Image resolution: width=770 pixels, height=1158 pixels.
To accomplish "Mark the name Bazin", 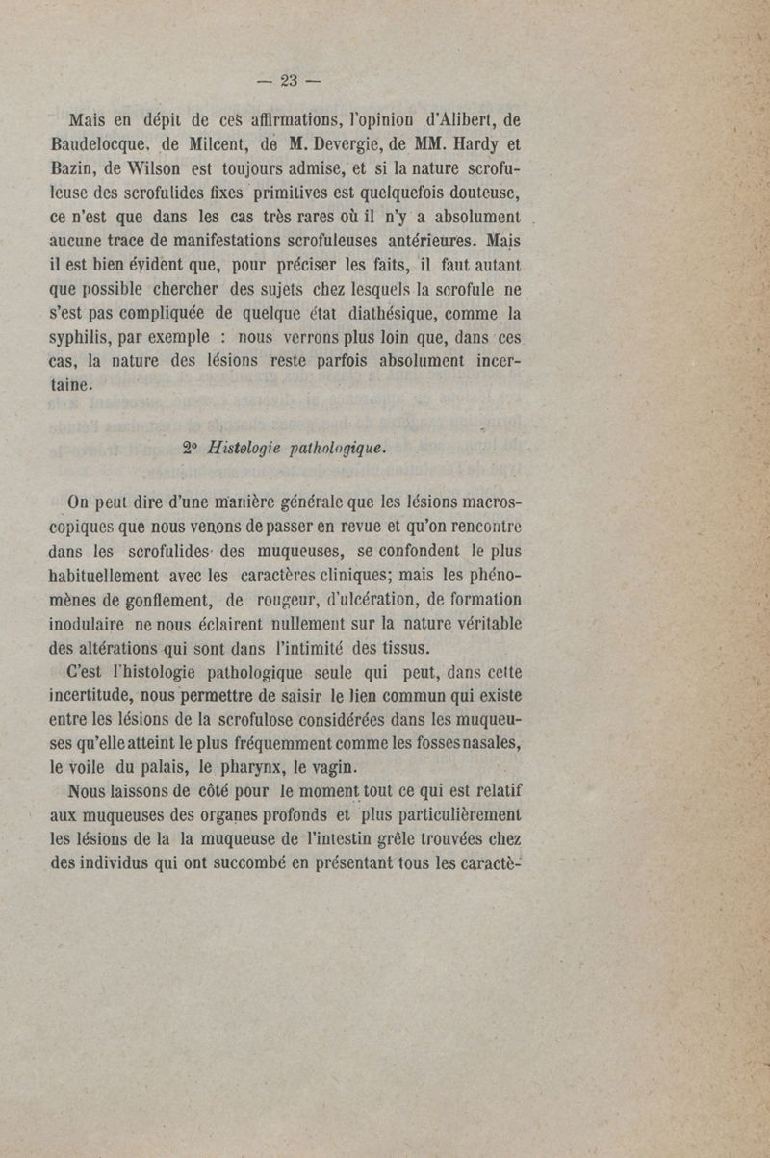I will coord(71,173).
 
